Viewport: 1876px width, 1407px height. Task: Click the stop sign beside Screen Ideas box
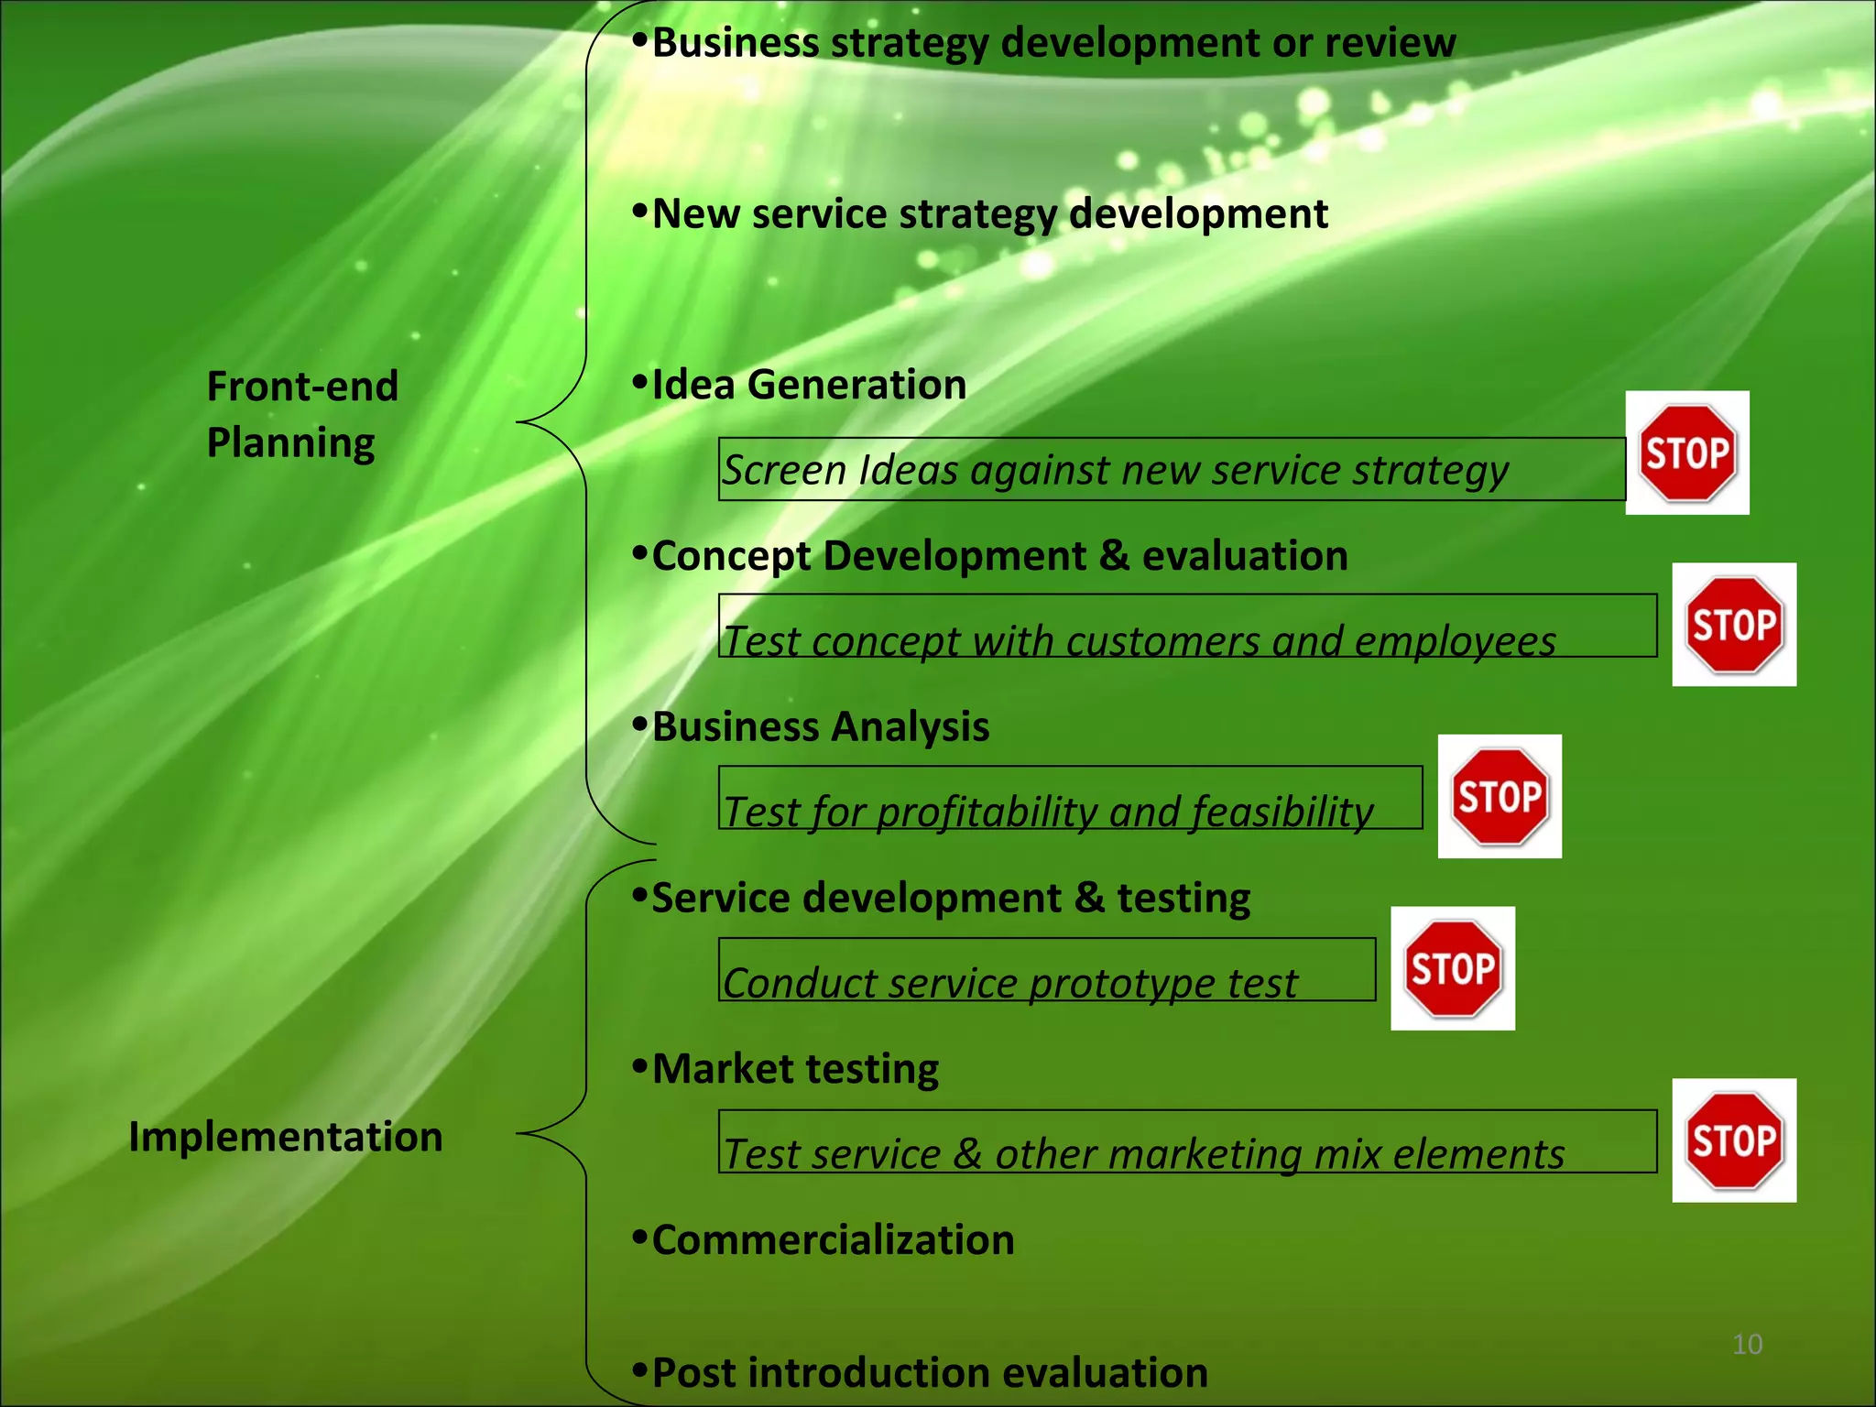point(1687,453)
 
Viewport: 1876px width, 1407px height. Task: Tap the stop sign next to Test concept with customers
point(1734,625)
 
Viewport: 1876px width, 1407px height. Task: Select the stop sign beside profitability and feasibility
point(1500,796)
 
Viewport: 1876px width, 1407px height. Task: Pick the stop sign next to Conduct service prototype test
point(1453,968)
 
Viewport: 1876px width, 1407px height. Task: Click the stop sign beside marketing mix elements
point(1734,1140)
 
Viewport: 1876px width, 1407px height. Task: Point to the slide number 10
point(1747,1344)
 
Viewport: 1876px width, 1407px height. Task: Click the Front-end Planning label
point(302,414)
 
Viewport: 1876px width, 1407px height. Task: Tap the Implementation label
point(286,1137)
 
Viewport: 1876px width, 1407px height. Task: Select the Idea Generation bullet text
point(808,385)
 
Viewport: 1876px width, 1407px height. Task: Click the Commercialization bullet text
point(833,1240)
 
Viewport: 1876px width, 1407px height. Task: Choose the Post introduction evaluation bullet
point(929,1373)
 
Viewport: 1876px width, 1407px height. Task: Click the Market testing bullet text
point(794,1069)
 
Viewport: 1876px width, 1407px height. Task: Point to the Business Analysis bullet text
point(820,727)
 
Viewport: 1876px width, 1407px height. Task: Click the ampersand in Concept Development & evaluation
point(1113,556)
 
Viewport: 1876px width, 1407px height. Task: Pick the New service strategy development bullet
point(989,214)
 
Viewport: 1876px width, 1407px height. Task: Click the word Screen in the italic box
point(784,471)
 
